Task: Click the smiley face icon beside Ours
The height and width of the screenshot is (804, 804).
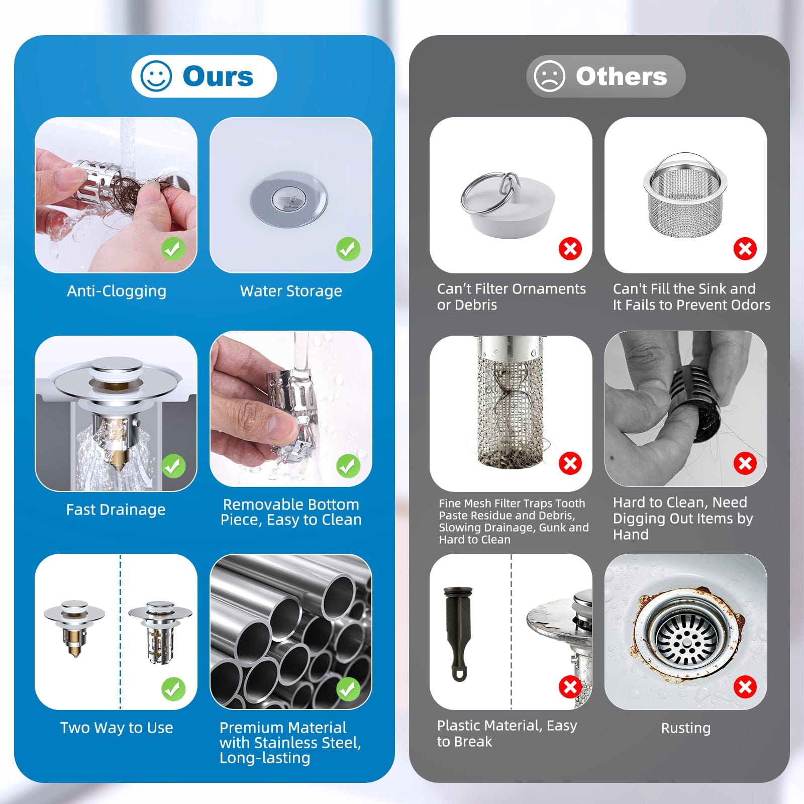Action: pyautogui.click(x=156, y=76)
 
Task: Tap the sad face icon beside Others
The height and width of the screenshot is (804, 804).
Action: pyautogui.click(x=549, y=76)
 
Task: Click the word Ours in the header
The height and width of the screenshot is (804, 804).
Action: pyautogui.click(x=218, y=76)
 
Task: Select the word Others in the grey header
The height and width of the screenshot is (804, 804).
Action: pyautogui.click(x=621, y=76)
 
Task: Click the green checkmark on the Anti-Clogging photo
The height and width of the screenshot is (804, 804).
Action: pyautogui.click(x=173, y=249)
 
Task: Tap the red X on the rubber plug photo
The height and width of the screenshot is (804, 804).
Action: pyautogui.click(x=570, y=249)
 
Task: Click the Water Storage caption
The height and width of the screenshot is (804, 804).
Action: pyautogui.click(x=291, y=291)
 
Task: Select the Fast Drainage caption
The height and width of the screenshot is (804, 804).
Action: pyautogui.click(x=116, y=510)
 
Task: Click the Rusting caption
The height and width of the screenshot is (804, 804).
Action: pyautogui.click(x=685, y=728)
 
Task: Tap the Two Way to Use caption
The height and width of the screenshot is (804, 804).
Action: pyautogui.click(x=117, y=728)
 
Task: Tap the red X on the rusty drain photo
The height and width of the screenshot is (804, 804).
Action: pyautogui.click(x=745, y=687)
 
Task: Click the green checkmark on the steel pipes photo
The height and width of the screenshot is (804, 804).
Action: pyautogui.click(x=348, y=689)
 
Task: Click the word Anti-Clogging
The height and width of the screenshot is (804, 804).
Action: pyautogui.click(x=117, y=291)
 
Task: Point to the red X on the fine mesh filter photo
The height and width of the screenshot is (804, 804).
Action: pyautogui.click(x=570, y=463)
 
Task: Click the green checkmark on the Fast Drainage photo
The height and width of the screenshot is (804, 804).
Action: pyautogui.click(x=173, y=466)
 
